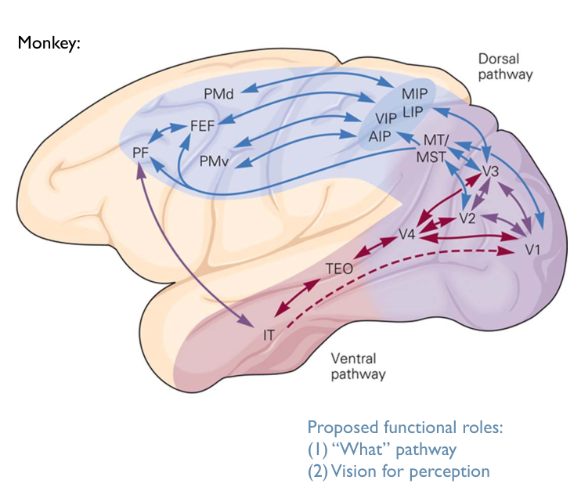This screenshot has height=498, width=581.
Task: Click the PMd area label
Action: click(219, 94)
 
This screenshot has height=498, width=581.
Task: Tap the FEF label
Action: click(203, 125)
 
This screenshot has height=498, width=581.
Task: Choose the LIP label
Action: click(413, 113)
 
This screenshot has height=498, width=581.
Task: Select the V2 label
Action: click(468, 217)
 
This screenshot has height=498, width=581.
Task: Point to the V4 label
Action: click(406, 233)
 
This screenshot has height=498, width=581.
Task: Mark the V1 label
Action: click(532, 251)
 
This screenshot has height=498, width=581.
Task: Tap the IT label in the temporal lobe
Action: click(269, 335)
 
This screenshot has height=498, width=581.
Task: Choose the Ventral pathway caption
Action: click(358, 366)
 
